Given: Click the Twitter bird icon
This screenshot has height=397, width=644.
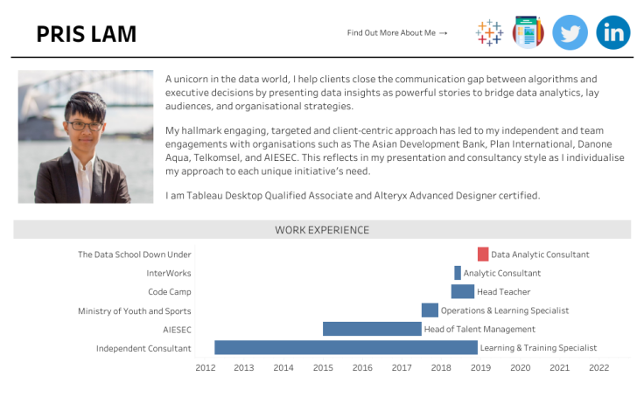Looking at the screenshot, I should [x=570, y=32].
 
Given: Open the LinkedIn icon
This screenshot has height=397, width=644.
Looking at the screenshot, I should [x=613, y=32].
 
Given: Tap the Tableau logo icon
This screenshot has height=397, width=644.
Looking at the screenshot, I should [x=489, y=32].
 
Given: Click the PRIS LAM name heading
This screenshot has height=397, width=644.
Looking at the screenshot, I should [x=87, y=34].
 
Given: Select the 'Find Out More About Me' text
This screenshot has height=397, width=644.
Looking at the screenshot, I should [x=397, y=33].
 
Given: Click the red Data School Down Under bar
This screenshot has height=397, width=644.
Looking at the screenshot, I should [x=483, y=254].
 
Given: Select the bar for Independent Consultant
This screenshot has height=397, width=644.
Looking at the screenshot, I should [x=346, y=348].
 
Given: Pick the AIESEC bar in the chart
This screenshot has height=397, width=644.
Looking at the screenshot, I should [x=372, y=329].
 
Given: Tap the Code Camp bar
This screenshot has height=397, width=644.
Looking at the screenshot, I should [x=463, y=292].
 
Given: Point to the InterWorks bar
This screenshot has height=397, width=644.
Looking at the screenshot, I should [x=458, y=273].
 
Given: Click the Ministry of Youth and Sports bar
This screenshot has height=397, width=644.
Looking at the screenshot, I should [x=430, y=310].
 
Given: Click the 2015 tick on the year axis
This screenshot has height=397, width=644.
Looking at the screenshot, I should [x=323, y=368].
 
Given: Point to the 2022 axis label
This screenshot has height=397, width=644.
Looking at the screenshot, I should [x=598, y=368].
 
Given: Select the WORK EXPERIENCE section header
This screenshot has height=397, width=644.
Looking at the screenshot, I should [x=322, y=230].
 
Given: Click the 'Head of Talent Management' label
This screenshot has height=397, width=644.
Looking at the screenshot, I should [x=479, y=329].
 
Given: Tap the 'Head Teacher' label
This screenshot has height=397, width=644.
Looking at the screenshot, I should [x=503, y=292].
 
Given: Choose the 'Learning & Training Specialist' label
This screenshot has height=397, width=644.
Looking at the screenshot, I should [x=538, y=348].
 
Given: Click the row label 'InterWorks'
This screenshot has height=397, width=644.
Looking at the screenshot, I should [x=169, y=273].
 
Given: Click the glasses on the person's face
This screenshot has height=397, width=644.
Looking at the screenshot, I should [x=85, y=126].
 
